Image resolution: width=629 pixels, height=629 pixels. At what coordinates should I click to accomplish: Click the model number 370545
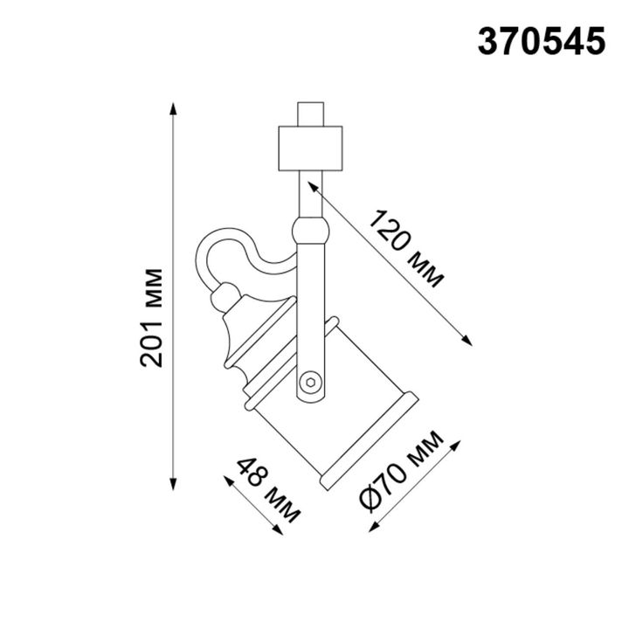click(541, 41)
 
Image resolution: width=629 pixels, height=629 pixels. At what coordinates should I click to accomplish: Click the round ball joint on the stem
click(311, 232)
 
